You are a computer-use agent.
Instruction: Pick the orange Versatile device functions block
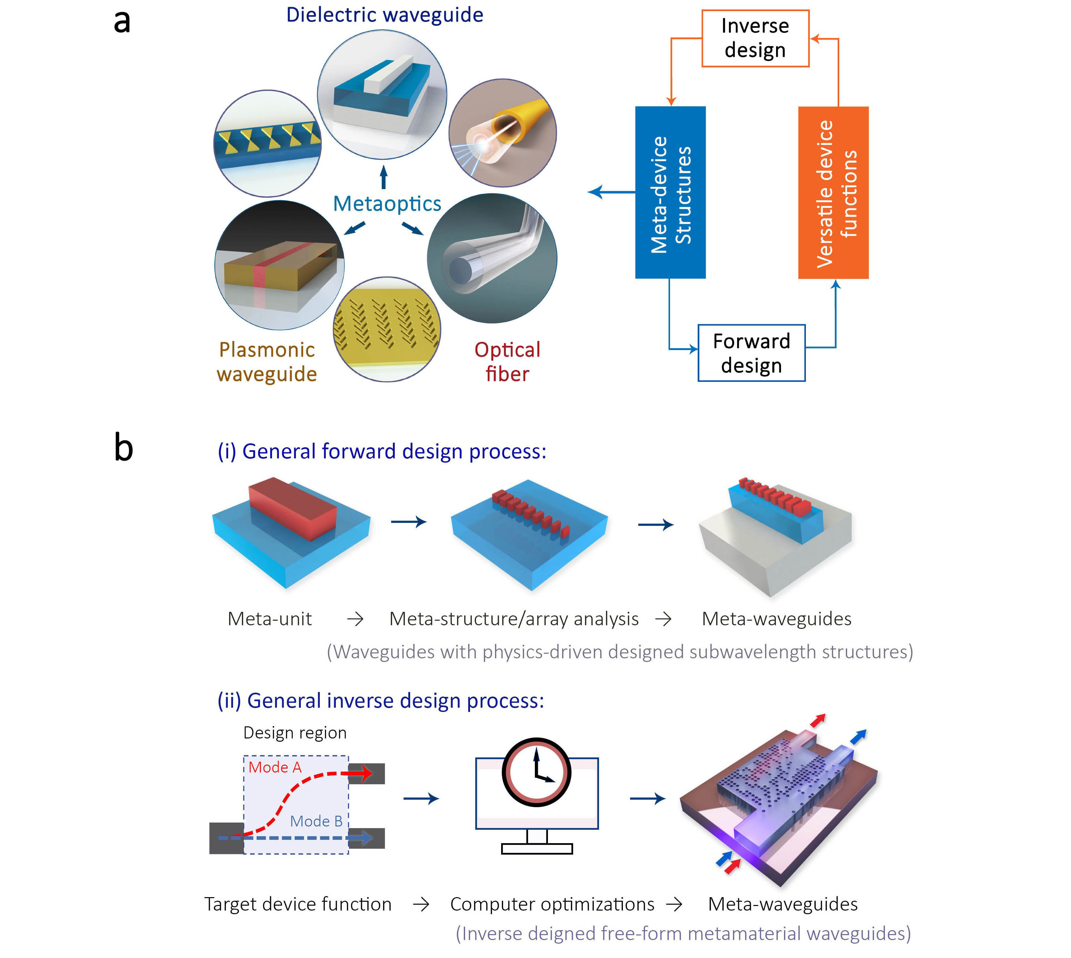click(833, 193)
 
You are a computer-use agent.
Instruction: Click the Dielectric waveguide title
click(384, 15)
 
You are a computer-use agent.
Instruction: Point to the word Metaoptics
click(387, 204)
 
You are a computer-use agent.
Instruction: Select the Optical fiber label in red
click(507, 362)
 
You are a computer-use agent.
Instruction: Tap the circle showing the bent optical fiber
click(491, 258)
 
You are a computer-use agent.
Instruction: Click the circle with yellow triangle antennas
click(267, 143)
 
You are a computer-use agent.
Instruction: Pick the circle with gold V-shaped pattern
click(387, 328)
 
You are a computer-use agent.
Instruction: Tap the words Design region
click(295, 732)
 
